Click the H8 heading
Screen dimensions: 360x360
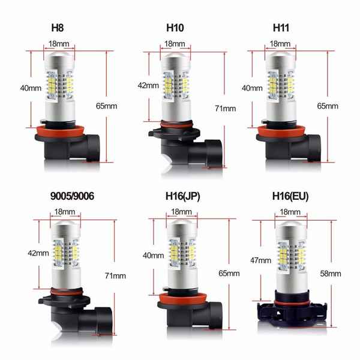(x=58, y=28)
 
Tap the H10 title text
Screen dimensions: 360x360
(x=175, y=28)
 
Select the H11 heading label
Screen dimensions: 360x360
(x=281, y=28)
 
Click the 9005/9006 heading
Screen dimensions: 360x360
(x=72, y=196)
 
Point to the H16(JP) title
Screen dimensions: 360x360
(x=183, y=196)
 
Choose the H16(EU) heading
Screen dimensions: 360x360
(x=290, y=196)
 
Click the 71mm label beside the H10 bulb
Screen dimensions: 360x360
(x=226, y=109)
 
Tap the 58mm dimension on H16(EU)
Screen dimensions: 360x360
(x=331, y=274)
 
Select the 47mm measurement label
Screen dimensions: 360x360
(x=260, y=260)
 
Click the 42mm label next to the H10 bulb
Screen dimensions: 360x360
(x=148, y=85)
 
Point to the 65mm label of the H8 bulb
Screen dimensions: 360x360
(x=107, y=106)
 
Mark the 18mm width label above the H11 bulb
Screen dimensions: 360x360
(x=280, y=44)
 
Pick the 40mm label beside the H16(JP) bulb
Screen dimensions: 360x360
(x=154, y=256)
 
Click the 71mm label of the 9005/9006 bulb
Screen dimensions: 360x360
(x=115, y=275)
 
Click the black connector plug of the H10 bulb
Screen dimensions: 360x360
(x=214, y=153)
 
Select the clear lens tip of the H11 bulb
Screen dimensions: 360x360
(x=280, y=55)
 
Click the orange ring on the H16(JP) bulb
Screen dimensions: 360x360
(x=183, y=299)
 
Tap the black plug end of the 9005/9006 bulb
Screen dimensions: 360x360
(x=104, y=321)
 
